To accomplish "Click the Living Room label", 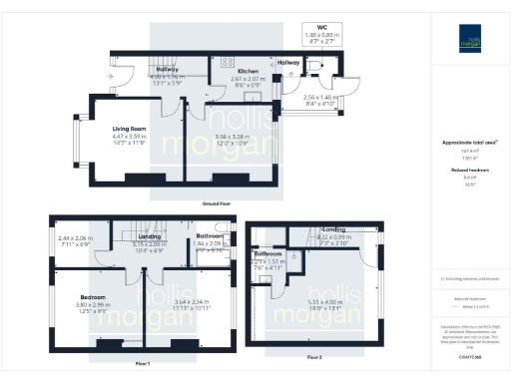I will (130, 129).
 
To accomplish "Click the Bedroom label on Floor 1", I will (94, 297).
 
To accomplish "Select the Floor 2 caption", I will (314, 356).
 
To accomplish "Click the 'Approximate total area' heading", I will (468, 143).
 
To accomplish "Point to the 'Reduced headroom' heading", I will (468, 171).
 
